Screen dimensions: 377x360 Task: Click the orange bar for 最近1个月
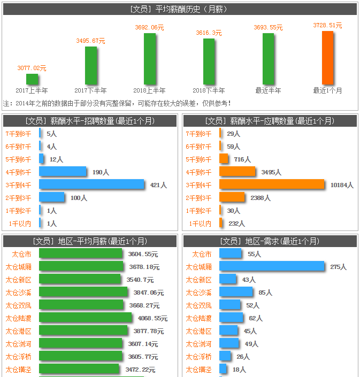pos(327,57)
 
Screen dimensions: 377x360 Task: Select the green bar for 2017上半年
pos(32,79)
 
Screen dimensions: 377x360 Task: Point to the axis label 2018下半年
pos(209,91)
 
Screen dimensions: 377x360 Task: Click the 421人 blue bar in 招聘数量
pos(91,184)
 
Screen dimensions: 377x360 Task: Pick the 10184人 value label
pos(342,185)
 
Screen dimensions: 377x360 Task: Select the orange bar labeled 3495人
pos(237,172)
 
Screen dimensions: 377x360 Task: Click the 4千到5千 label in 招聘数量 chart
pos(18,172)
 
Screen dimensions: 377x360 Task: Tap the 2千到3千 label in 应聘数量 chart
pos(198,198)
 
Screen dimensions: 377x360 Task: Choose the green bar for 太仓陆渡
pos(85,318)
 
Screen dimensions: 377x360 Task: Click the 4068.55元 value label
pos(152,318)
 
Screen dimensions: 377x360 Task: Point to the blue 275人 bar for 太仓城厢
pos(272,266)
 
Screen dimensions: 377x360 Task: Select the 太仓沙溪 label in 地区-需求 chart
pos(198,293)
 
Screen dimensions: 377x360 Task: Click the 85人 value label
pos(265,293)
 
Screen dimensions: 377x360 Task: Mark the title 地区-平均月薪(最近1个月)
pos(90,241)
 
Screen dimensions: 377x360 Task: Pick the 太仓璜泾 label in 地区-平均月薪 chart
pos(18,370)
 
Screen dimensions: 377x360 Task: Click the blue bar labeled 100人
pos(51,197)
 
